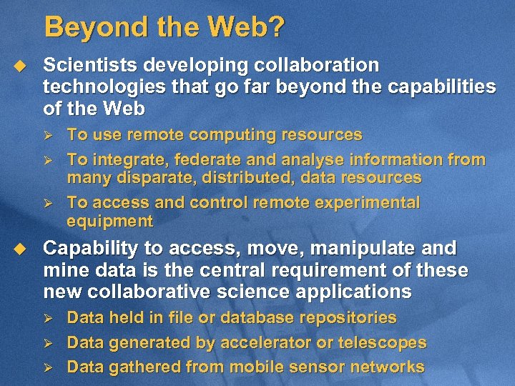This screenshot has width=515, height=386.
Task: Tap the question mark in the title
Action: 277,28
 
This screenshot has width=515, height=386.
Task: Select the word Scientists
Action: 91,65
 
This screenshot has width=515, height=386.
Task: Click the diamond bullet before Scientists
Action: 20,65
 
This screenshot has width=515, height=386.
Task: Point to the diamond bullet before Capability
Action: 20,249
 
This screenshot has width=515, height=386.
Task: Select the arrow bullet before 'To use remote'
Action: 49,135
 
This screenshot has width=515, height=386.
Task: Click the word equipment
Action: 109,221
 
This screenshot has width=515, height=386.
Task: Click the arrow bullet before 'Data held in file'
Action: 49,318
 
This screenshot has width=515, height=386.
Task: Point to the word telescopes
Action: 382,342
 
